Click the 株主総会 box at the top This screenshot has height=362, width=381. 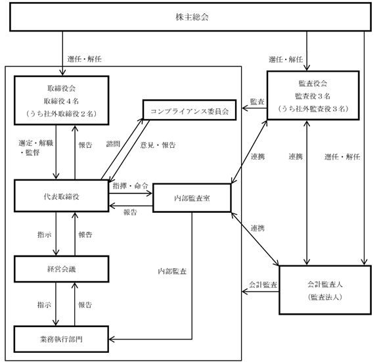(x=190, y=17)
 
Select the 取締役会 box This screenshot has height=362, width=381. (x=62, y=101)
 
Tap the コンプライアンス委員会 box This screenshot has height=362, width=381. (x=190, y=110)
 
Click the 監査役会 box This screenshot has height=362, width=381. (x=313, y=95)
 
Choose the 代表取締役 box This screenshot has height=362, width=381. (x=62, y=196)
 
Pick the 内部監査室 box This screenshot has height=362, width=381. (x=192, y=198)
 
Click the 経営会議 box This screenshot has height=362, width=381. (x=62, y=269)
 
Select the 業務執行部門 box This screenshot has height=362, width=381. (x=61, y=339)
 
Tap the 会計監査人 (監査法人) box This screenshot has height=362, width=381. (x=325, y=290)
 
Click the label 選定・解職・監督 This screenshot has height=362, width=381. (x=35, y=148)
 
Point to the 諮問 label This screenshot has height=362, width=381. (x=113, y=144)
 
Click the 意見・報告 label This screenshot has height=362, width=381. (x=158, y=145)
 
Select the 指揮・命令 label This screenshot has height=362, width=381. (x=131, y=186)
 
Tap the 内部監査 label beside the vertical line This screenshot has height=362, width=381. (x=172, y=271)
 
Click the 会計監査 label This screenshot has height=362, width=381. (x=263, y=284)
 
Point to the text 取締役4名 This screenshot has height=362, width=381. (x=61, y=101)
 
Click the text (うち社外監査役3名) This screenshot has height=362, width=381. (x=313, y=108)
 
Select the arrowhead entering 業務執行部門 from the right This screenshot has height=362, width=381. (x=112, y=339)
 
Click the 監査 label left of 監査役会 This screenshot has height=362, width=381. (x=258, y=102)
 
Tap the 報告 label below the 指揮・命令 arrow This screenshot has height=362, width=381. (x=130, y=212)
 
